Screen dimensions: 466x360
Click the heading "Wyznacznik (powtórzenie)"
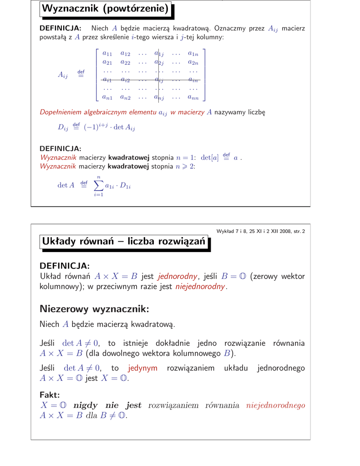106,9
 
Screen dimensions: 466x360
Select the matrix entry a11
107,54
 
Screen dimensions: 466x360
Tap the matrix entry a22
125,62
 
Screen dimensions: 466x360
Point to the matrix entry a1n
193,54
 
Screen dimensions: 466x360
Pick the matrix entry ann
193,97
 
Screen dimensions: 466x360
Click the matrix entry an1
107,97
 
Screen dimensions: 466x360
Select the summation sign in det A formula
98,185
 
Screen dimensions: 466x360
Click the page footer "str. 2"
298,231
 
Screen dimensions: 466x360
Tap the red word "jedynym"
143,368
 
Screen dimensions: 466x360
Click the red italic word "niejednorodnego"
275,405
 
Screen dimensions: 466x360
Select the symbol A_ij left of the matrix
63,76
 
